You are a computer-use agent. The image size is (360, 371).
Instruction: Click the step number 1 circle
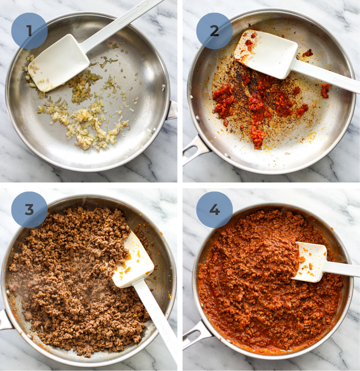(29, 31)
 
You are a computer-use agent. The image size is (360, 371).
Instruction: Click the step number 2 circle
(214, 31)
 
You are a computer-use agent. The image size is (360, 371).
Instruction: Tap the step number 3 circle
(29, 210)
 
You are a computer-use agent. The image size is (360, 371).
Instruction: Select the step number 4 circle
(214, 210)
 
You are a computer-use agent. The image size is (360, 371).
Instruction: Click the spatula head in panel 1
(59, 62)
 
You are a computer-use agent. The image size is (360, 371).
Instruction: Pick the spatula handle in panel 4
(342, 269)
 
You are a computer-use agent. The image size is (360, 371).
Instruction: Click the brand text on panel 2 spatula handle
(346, 83)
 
